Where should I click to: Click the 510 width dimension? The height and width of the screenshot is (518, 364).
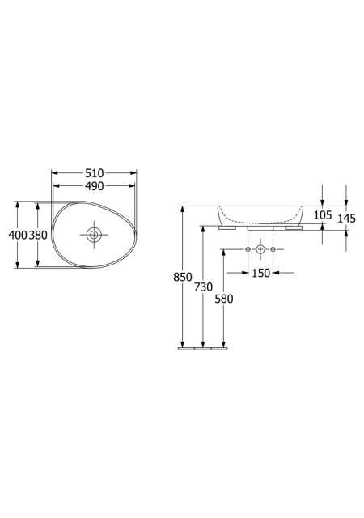click(95, 172)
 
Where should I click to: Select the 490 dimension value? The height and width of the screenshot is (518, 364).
click(95, 186)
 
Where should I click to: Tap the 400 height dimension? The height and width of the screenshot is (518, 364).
click(18, 235)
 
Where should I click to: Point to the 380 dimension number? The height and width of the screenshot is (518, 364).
click(38, 235)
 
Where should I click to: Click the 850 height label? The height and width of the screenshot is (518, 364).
click(183, 277)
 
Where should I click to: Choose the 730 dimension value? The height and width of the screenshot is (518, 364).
click(203, 287)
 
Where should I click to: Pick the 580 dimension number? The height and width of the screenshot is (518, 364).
click(224, 299)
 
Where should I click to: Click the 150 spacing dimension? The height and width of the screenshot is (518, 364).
click(261, 273)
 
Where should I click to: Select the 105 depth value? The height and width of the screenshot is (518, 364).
click(323, 215)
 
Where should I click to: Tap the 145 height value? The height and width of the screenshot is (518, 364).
click(346, 218)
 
